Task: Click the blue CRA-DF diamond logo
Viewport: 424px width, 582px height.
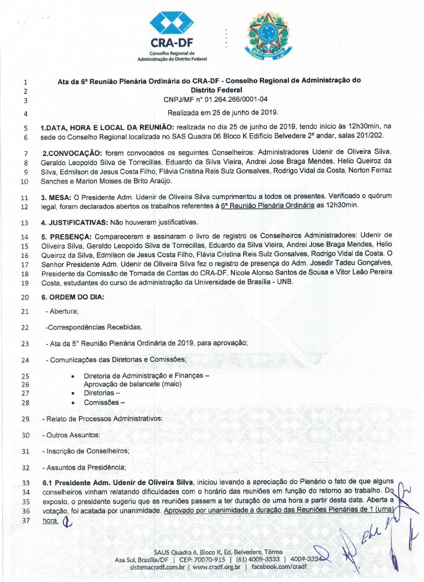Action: point(172,23)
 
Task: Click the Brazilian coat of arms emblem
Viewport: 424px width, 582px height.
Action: point(268,35)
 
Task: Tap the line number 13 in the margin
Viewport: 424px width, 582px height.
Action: point(25,223)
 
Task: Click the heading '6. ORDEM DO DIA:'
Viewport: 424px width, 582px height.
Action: point(72,297)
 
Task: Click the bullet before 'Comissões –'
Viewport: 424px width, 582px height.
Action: point(73,403)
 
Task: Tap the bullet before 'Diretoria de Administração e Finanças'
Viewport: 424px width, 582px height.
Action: point(73,376)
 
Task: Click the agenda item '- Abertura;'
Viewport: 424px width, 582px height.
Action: point(62,311)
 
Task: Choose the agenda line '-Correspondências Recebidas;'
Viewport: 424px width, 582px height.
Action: point(94,327)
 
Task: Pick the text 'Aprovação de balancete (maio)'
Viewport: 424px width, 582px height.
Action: point(133,384)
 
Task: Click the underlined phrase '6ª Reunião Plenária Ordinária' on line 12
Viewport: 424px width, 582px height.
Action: point(267,205)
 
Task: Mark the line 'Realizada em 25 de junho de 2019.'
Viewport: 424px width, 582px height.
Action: point(223,112)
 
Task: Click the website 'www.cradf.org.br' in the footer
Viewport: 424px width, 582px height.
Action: point(216,567)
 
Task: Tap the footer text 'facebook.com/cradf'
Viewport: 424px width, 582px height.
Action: point(279,567)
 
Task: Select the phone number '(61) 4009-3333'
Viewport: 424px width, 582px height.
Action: point(258,559)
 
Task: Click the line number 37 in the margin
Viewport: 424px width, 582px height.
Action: point(26,521)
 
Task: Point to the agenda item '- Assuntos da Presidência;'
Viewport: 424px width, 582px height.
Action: point(84,468)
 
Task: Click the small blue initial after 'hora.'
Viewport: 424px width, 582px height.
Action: point(68,521)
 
